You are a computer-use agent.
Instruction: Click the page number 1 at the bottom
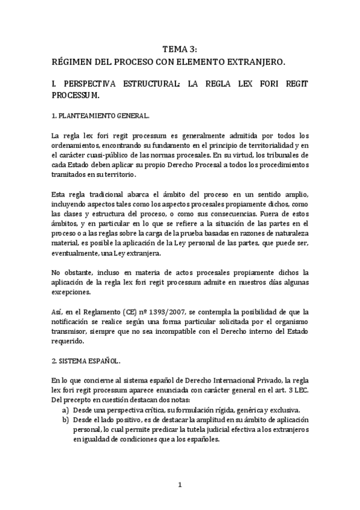coord(180,484)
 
